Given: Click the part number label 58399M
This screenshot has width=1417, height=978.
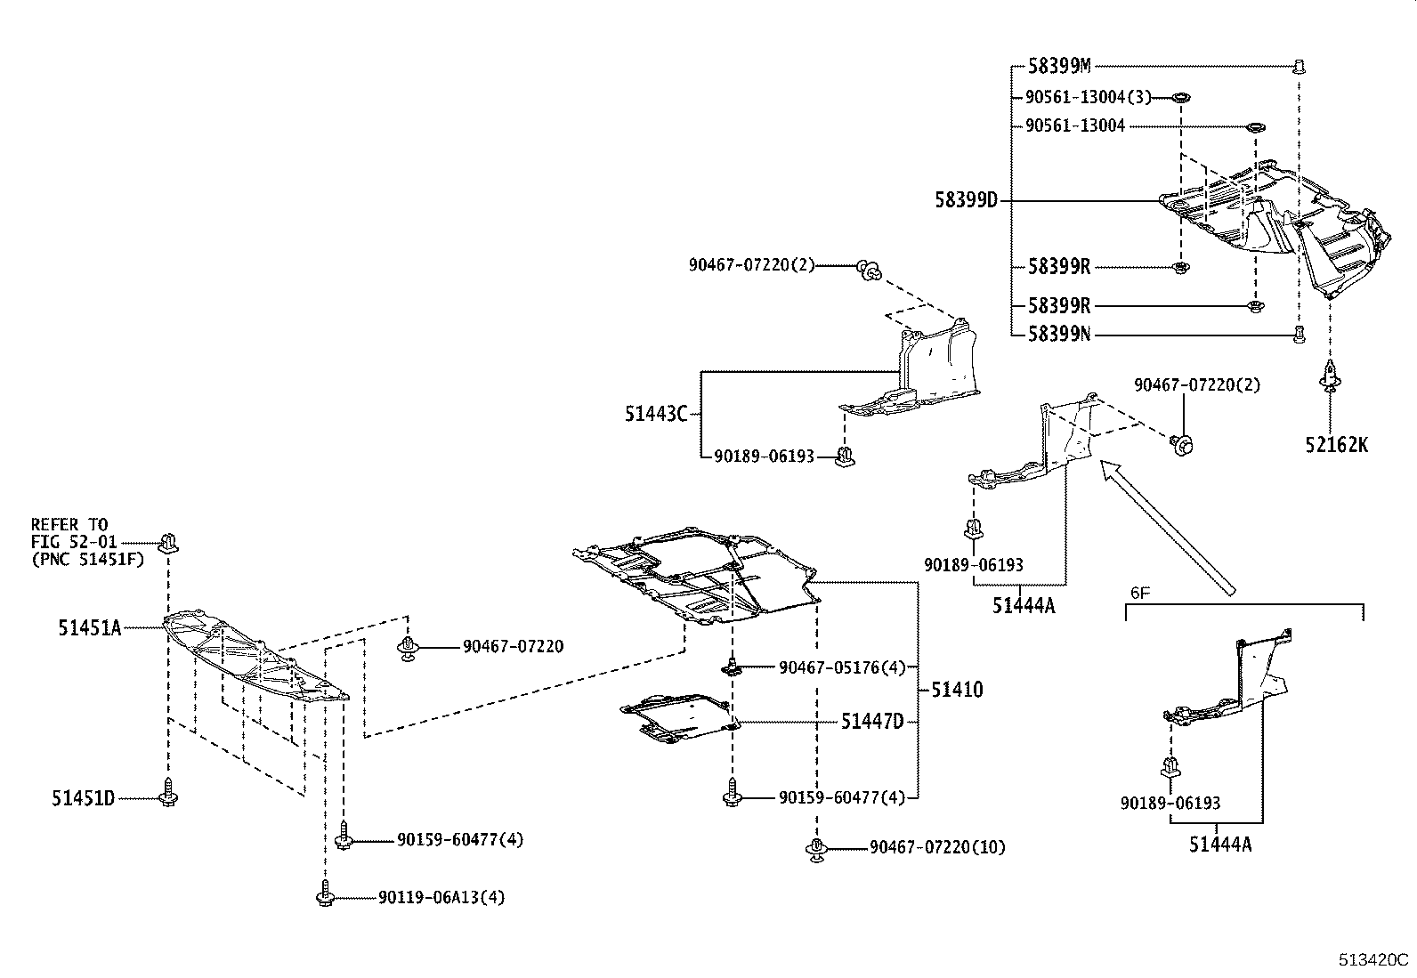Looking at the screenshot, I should click(x=1059, y=66).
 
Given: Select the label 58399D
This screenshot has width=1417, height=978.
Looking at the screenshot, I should click(x=967, y=200).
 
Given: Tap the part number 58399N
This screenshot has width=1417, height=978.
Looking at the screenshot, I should click(x=1059, y=335).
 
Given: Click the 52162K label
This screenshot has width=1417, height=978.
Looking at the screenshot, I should click(x=1337, y=445).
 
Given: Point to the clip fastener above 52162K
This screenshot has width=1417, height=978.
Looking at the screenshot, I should click(x=1330, y=377).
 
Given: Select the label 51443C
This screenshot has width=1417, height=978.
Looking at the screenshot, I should click(x=656, y=414).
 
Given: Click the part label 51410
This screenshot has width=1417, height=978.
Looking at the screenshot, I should click(x=958, y=690).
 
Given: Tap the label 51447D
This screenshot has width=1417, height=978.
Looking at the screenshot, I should click(x=871, y=722).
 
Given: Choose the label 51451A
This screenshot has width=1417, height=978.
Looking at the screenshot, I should click(x=89, y=628).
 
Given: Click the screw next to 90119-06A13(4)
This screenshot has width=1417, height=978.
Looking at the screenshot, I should click(x=326, y=893).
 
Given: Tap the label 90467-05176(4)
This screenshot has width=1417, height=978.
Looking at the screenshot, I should click(x=841, y=667).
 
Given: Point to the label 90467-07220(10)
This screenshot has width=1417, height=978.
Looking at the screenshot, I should click(x=937, y=847).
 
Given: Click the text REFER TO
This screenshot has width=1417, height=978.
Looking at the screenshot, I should click(x=69, y=525).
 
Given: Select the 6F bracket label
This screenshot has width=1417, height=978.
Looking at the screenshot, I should click(x=1139, y=592).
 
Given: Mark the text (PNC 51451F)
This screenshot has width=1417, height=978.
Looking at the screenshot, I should click(x=87, y=559).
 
